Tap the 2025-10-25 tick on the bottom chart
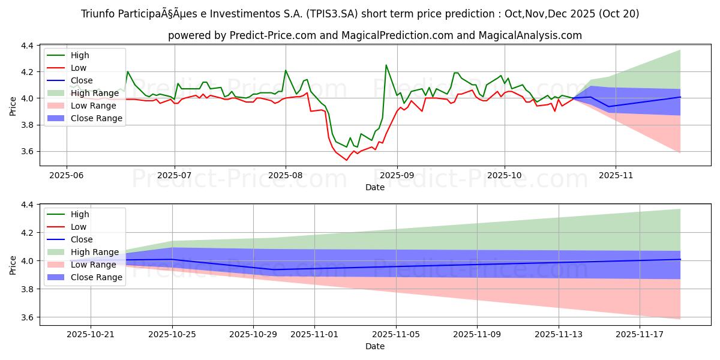[172, 335]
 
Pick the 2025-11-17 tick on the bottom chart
[640, 335]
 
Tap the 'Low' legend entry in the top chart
[79, 68]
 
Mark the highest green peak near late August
[386, 65]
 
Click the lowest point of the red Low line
[346, 160]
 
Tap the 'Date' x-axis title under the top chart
[375, 187]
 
